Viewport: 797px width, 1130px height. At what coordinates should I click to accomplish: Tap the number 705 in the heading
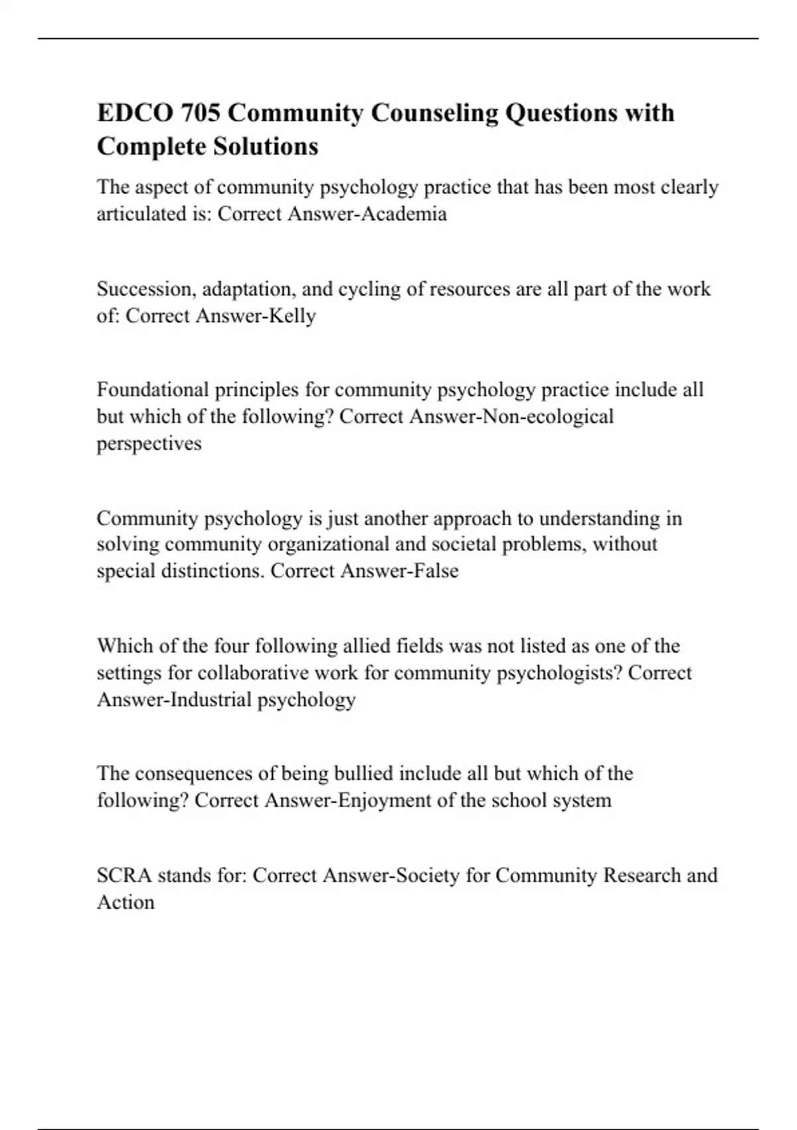(x=199, y=113)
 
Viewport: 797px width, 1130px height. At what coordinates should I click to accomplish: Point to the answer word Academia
(x=412, y=214)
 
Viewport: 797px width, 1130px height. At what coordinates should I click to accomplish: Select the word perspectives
(x=149, y=443)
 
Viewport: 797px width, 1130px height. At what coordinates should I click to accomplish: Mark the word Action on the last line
(x=126, y=903)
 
